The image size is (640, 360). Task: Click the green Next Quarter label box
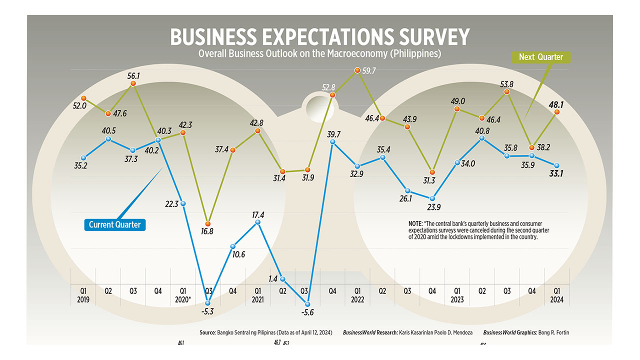coord(540,57)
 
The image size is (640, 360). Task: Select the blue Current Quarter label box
coord(115,224)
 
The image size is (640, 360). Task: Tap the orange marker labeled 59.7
coord(357,70)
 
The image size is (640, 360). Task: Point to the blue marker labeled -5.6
coord(307,303)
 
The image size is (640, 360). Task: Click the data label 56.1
coord(133,75)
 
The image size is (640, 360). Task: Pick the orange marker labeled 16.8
coord(208,223)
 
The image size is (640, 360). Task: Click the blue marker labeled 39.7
coord(332,142)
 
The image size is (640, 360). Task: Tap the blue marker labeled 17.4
coord(257,221)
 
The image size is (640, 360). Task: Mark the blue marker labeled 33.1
coord(556,165)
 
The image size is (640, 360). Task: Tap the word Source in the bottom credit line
coord(207,332)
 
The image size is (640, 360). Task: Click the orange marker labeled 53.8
coord(507,93)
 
